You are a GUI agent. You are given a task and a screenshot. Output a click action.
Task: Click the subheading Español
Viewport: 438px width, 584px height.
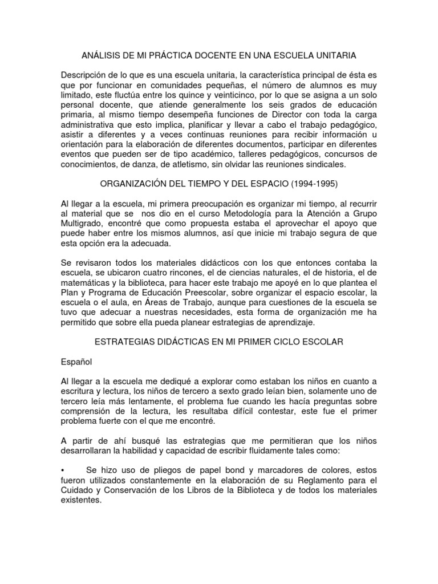click(x=77, y=362)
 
